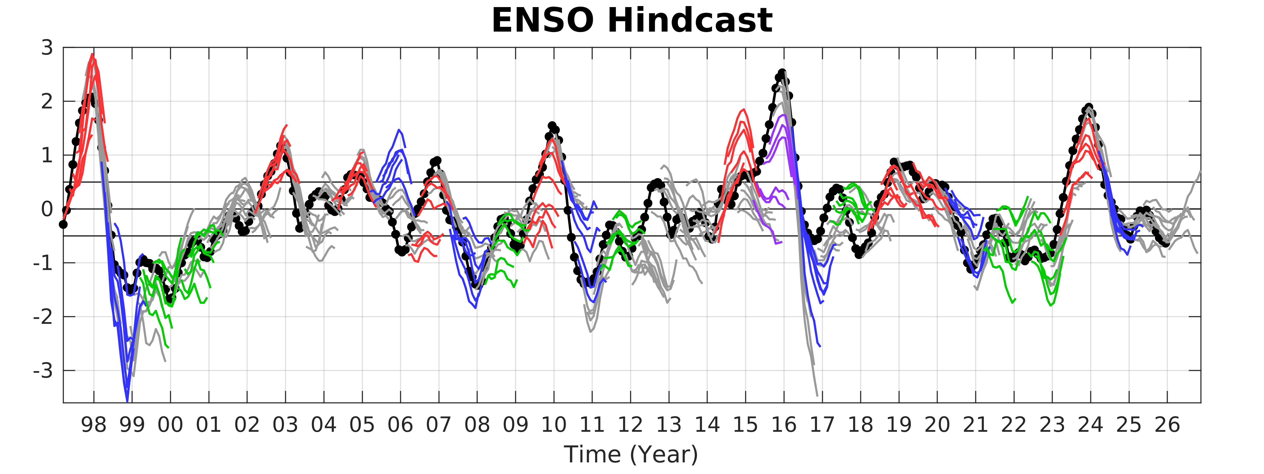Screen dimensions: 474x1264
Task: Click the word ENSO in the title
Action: (x=545, y=21)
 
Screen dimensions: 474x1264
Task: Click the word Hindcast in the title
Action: (x=689, y=21)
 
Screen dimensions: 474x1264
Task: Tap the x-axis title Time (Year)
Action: (x=631, y=454)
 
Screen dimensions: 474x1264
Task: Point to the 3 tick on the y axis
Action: (x=47, y=48)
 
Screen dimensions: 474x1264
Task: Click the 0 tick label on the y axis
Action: (x=47, y=210)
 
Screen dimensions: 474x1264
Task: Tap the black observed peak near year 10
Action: (x=552, y=126)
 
